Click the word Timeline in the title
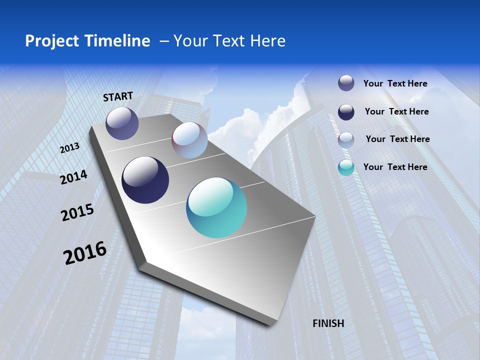pyautogui.click(x=117, y=41)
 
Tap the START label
pyautogui.click(x=118, y=96)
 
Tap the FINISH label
pyautogui.click(x=328, y=323)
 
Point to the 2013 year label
pyautogui.click(x=69, y=148)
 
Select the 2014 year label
pyautogui.click(x=73, y=177)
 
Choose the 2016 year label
pyautogui.click(x=85, y=253)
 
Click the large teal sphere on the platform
pyautogui.click(x=216, y=207)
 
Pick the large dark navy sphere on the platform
pyautogui.click(x=145, y=180)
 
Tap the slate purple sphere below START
pyautogui.click(x=122, y=123)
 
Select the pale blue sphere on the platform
pyautogui.click(x=189, y=140)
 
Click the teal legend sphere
pyautogui.click(x=346, y=167)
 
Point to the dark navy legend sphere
pyautogui.click(x=346, y=112)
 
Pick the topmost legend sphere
pyautogui.click(x=346, y=83)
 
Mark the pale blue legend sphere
pyautogui.click(x=346, y=139)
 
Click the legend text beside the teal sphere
pyautogui.click(x=395, y=167)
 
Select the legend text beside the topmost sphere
pyautogui.click(x=395, y=83)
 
